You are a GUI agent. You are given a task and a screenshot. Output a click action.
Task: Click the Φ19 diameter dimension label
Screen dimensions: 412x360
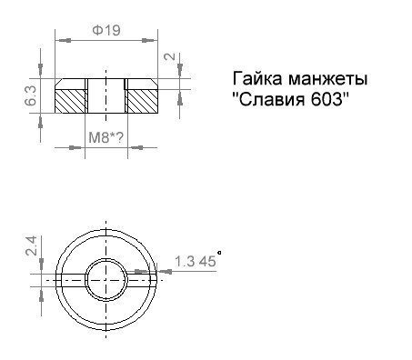click(x=106, y=30)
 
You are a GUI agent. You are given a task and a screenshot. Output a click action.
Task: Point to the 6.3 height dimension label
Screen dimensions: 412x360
click(x=31, y=95)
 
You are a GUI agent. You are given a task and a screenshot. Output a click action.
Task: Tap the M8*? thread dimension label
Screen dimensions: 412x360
click(x=106, y=138)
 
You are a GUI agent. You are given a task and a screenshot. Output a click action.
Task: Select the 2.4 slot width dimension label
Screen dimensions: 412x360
click(x=31, y=245)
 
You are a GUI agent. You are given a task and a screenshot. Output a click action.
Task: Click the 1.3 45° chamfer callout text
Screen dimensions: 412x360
click(x=198, y=260)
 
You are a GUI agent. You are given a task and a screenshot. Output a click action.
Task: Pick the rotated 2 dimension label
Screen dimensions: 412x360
click(x=170, y=56)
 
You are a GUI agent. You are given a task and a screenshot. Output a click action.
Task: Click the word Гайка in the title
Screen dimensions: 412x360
click(x=257, y=79)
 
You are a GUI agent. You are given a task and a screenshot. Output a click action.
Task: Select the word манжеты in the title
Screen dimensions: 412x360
click(x=328, y=79)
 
